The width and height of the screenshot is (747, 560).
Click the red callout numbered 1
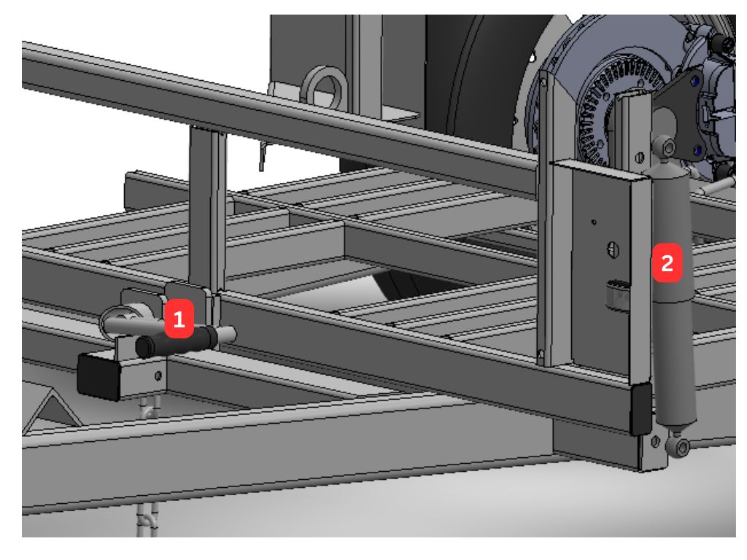coord(179,319)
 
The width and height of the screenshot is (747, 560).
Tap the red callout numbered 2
coord(667,262)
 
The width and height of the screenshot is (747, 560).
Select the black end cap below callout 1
coord(98,376)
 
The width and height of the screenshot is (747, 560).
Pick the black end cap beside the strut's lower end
coord(641,409)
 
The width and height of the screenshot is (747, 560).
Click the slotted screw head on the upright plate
coord(613,249)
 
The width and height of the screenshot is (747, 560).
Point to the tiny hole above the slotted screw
coord(594,222)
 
